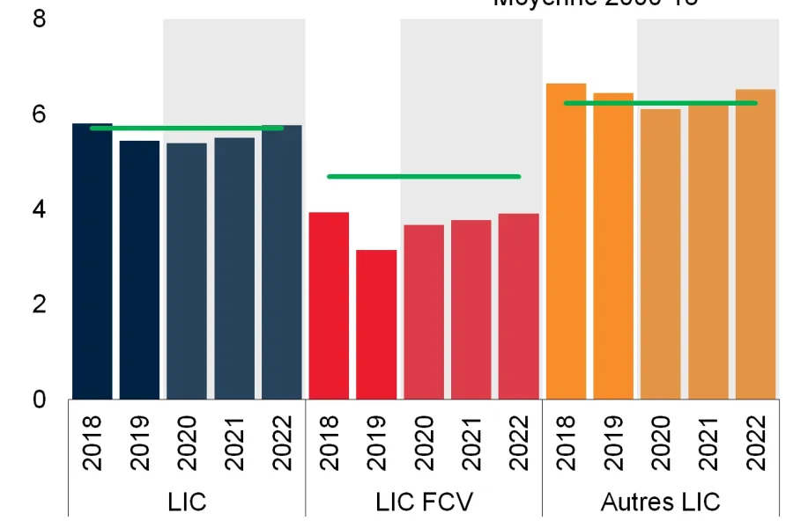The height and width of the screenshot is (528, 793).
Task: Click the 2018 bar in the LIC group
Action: [92, 264]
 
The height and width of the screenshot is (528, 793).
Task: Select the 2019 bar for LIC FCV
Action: [376, 326]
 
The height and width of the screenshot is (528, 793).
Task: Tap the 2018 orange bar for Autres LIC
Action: [566, 242]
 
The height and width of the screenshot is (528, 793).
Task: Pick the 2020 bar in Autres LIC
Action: [661, 255]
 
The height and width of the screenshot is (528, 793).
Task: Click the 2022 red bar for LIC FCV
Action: [518, 308]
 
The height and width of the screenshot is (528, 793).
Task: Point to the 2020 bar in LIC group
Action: [187, 273]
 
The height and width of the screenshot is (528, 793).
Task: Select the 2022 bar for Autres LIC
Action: [755, 246]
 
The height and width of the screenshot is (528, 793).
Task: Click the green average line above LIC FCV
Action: [423, 177]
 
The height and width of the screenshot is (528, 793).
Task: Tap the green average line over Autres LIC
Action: [661, 103]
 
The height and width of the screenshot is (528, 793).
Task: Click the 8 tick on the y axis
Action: [39, 18]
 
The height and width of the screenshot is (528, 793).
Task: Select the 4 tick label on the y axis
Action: [39, 209]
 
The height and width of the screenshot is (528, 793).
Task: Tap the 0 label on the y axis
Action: [39, 400]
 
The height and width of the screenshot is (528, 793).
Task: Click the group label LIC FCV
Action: [424, 502]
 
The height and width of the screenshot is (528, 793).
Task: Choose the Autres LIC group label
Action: [660, 502]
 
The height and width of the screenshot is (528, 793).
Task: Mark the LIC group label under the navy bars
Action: [187, 502]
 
